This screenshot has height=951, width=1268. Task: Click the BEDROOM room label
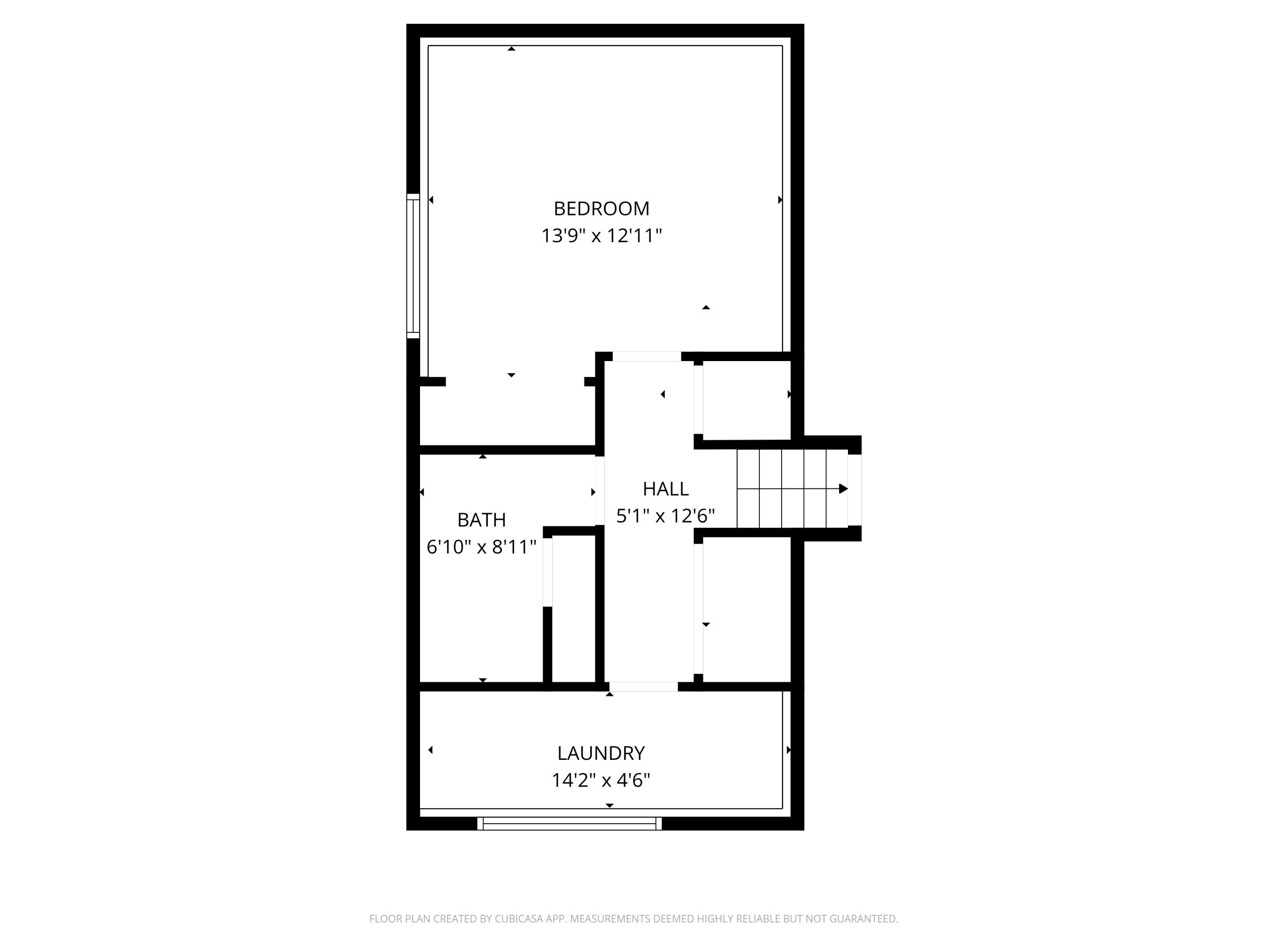601,209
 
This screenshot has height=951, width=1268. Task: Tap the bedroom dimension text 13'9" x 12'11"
601,236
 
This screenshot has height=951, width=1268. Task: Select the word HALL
666,489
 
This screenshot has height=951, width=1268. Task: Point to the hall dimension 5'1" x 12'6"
666,516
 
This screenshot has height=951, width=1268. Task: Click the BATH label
481,520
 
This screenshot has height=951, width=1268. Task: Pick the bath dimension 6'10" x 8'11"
481,547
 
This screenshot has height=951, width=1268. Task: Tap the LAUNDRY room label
601,753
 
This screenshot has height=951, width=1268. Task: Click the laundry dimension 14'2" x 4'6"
601,780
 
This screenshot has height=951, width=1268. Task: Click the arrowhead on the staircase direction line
843,489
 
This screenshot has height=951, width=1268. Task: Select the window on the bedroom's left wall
413,266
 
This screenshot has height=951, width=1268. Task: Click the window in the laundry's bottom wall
569,824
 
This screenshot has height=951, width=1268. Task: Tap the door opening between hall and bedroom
646,357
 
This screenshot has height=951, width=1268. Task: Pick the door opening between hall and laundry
643,687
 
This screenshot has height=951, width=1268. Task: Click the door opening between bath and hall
600,491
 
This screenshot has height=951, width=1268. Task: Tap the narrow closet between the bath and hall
573,609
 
